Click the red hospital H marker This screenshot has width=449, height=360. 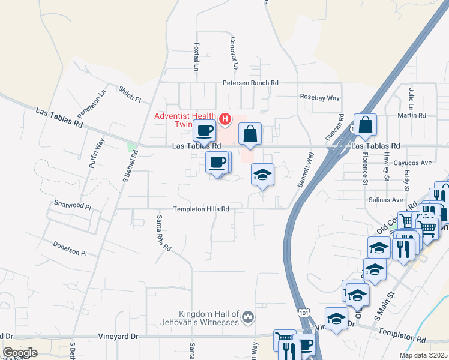tap(225, 119)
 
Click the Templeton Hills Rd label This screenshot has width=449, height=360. tap(201, 209)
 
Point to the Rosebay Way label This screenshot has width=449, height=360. tap(319, 97)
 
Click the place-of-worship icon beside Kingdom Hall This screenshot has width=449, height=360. tap(250, 316)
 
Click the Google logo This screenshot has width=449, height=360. tap(20, 353)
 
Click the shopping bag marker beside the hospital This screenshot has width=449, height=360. tap(250, 134)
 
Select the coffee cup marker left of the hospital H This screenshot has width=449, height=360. tap(204, 130)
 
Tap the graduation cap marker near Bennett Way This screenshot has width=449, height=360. tap(262, 175)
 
